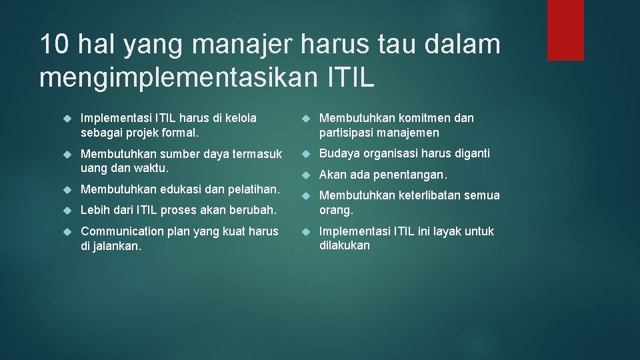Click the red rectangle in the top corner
point(565,30)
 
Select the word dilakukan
point(345,246)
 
